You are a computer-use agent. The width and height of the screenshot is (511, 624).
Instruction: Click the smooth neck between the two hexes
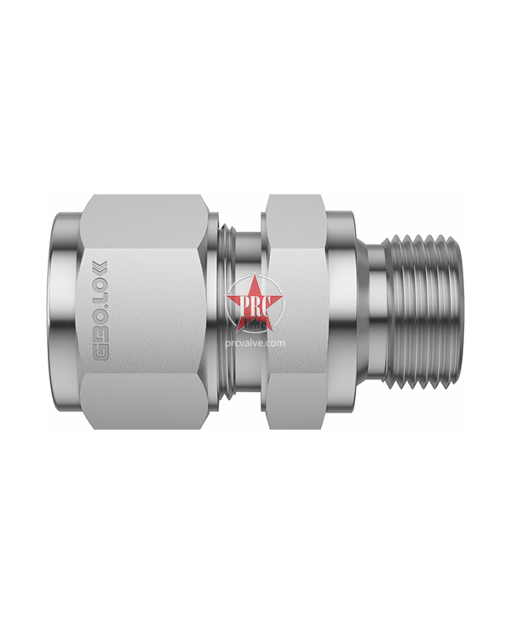coord(247,256)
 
